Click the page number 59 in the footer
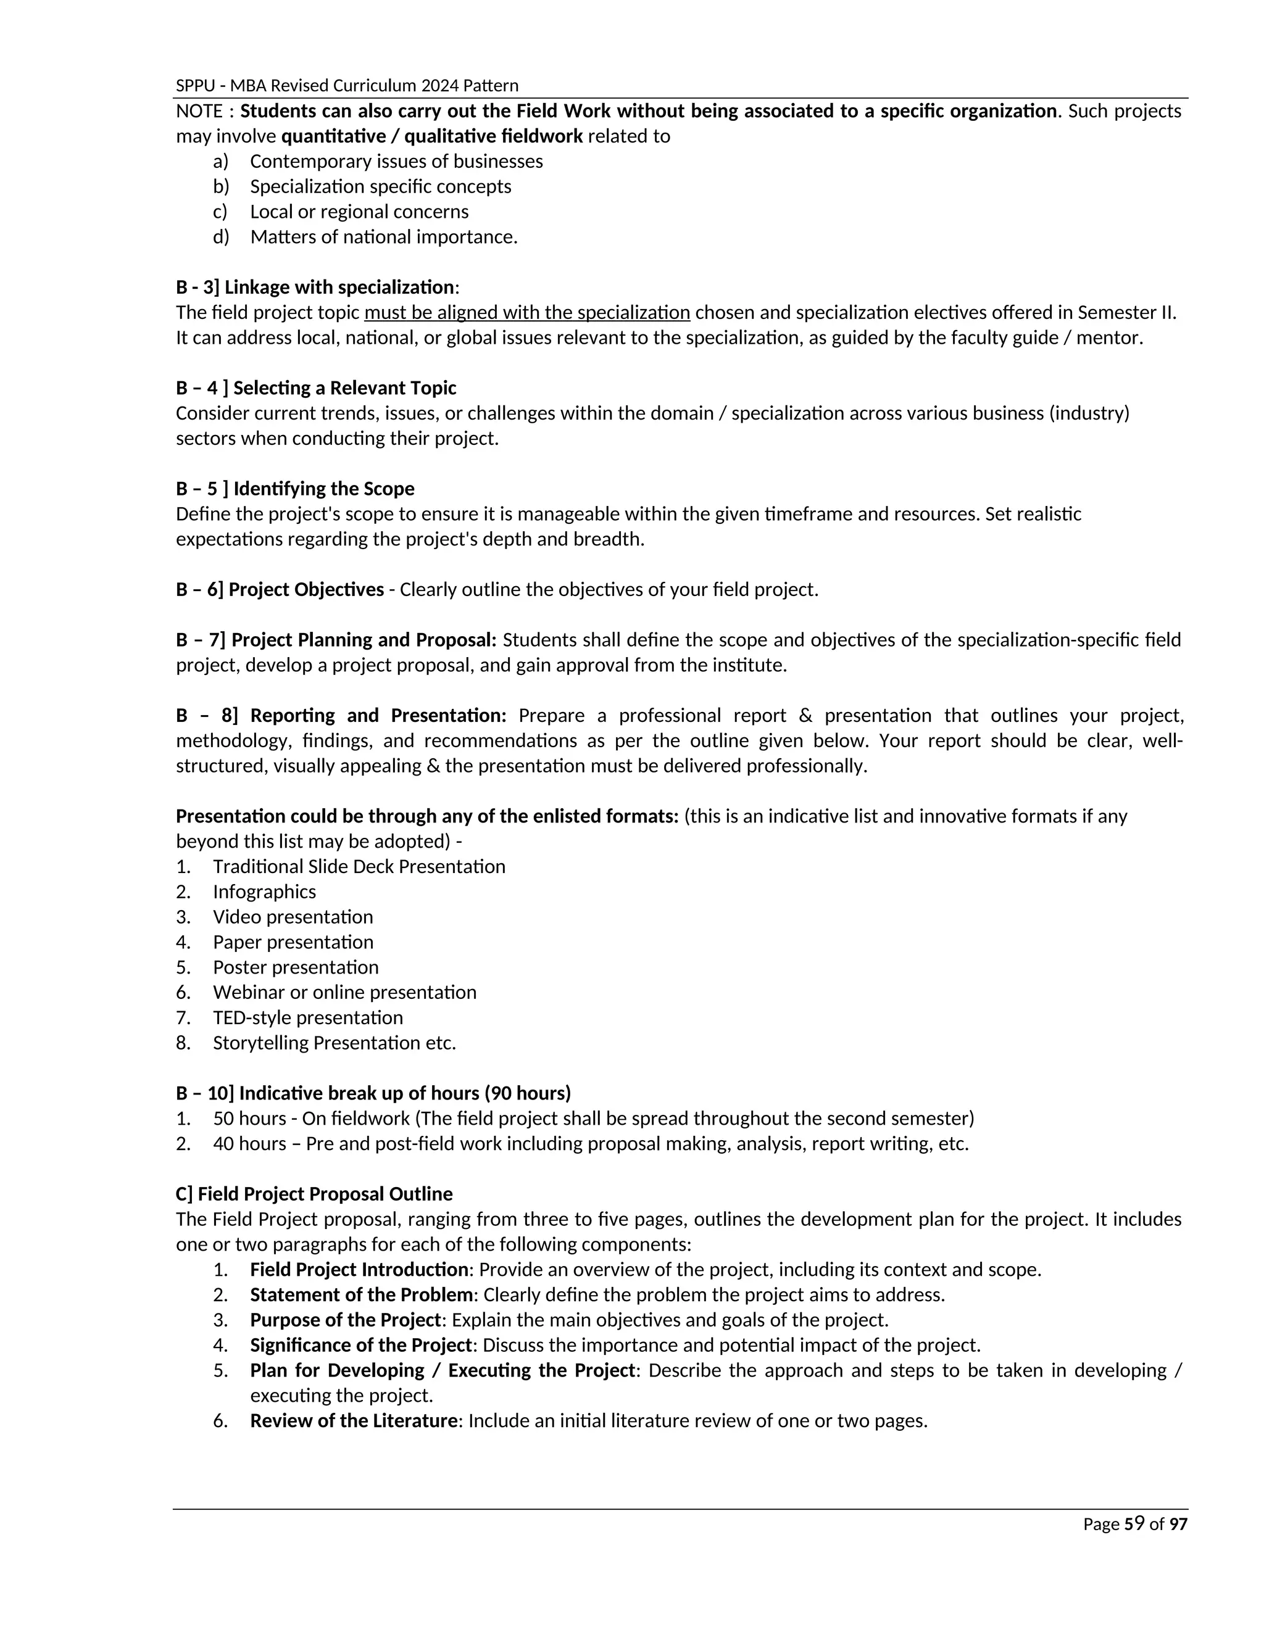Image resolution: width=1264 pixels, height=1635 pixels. (1134, 1523)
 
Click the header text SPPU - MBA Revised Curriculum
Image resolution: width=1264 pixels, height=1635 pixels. (347, 85)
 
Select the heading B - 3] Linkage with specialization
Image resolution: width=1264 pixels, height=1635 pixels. (315, 288)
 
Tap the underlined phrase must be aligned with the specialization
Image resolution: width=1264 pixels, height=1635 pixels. (526, 312)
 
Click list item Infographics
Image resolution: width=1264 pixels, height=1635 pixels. (264, 892)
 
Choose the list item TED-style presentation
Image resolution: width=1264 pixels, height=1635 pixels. (308, 1017)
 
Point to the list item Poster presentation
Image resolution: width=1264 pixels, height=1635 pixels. (296, 967)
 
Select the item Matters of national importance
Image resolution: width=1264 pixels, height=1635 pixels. (383, 238)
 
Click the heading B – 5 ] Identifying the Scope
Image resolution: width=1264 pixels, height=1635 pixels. (295, 489)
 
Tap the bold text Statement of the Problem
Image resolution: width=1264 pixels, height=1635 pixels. (361, 1295)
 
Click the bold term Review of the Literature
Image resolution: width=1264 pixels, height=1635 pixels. (354, 1421)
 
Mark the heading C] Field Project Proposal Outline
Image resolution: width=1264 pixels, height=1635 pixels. (315, 1194)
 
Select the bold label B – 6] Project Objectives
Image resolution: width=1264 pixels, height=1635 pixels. (280, 590)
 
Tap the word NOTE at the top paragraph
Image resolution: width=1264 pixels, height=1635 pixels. (199, 112)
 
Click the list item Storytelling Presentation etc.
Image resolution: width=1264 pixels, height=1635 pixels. (334, 1043)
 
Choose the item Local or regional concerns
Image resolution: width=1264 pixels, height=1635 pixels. (359, 212)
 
